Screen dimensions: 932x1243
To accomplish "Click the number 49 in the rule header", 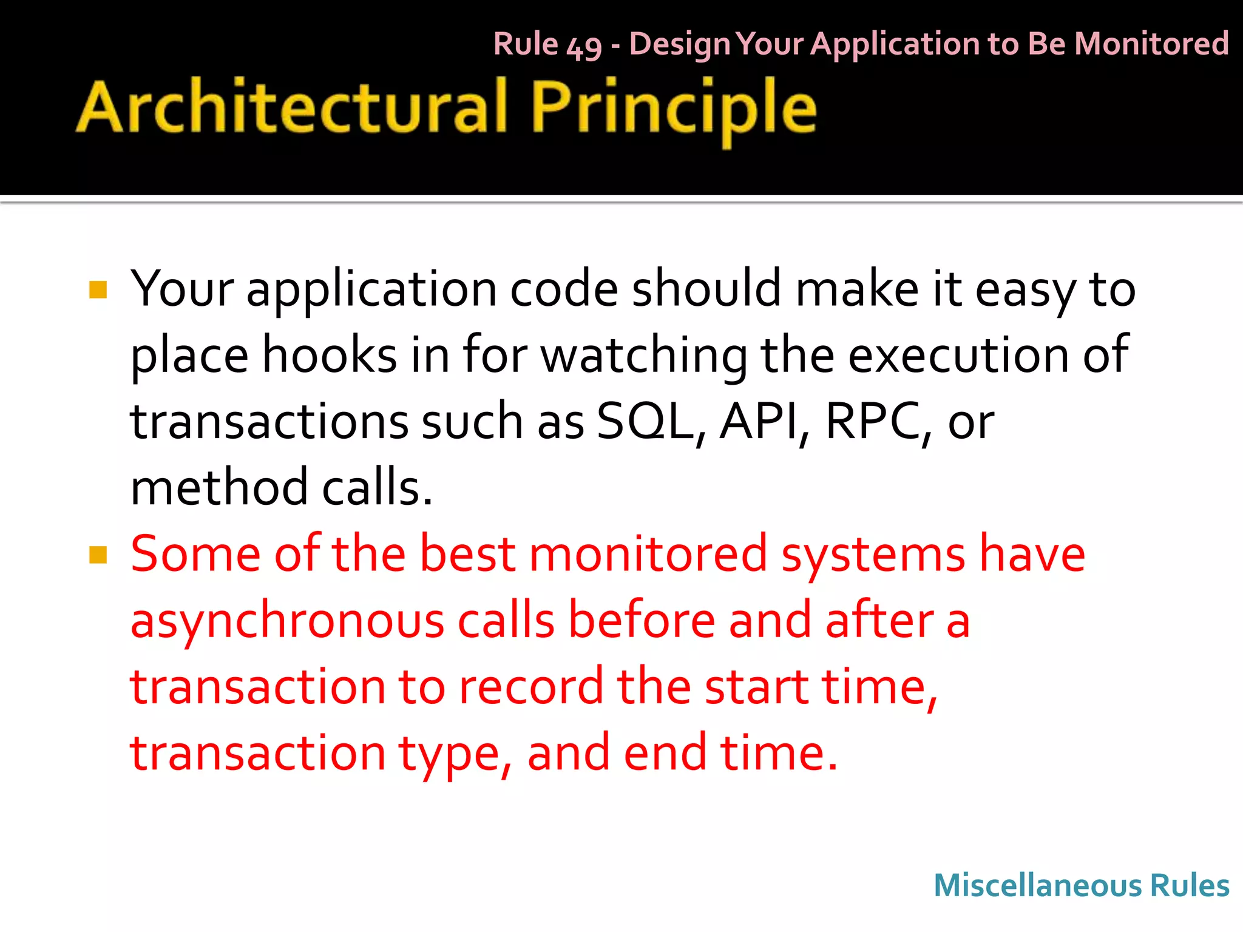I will (583, 46).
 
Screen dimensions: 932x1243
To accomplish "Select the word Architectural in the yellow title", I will (291, 108).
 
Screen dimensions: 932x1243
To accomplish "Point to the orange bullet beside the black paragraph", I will (98, 290).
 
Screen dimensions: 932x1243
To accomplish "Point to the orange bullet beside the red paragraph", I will (98, 555).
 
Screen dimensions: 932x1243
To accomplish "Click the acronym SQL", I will (645, 421).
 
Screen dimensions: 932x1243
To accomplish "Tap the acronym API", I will (760, 421).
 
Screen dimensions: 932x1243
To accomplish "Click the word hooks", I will (329, 355).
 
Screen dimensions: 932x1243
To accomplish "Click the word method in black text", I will (219, 487).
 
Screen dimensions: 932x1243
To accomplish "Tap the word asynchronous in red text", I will (287, 621).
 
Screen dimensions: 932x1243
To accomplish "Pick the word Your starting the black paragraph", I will (182, 289).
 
